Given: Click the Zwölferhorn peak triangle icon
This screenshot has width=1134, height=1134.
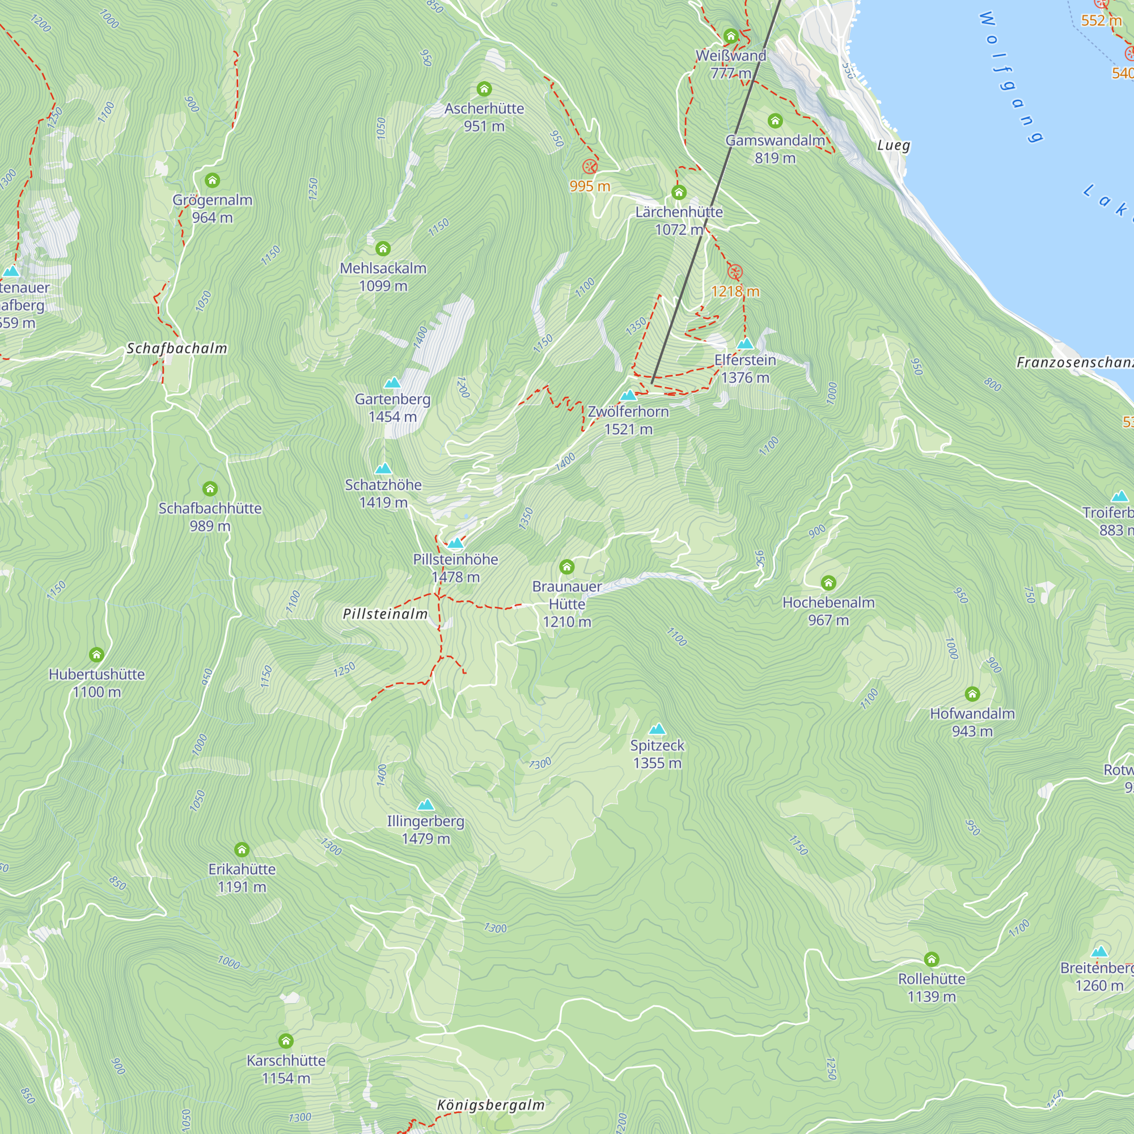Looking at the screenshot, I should click(x=628, y=395).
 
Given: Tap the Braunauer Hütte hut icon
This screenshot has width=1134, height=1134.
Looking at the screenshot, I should click(x=566, y=566).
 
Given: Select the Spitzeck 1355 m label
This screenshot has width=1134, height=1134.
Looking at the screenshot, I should click(x=657, y=754).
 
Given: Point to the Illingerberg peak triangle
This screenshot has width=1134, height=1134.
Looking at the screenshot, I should click(x=426, y=805).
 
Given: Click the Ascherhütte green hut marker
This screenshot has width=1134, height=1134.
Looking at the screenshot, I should click(x=484, y=88).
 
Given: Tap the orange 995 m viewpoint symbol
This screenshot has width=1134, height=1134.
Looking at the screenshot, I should click(x=589, y=167).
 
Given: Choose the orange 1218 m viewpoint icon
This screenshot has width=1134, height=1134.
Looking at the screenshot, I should click(x=735, y=272).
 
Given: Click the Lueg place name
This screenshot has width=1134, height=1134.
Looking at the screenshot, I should click(x=894, y=146).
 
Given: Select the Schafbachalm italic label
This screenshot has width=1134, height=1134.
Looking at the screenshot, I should click(x=177, y=348).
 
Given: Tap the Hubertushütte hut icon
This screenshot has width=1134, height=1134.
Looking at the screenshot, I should click(x=96, y=654).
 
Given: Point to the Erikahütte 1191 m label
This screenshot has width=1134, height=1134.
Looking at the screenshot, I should click(x=242, y=878).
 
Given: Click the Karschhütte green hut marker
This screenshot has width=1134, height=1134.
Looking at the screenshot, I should click(x=285, y=1040).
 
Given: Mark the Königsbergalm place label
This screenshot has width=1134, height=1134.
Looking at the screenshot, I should click(x=490, y=1105).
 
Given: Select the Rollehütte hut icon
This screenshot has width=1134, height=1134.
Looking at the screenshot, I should click(x=932, y=959).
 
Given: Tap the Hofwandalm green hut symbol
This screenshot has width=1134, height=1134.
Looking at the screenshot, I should click(x=972, y=694).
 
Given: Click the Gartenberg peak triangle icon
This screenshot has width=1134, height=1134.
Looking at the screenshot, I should click(x=392, y=383).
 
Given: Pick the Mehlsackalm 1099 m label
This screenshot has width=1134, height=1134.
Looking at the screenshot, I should click(x=383, y=277).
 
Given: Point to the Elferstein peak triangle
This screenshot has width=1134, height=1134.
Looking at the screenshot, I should click(x=745, y=344).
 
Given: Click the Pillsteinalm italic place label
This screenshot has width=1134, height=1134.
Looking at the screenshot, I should click(x=385, y=614).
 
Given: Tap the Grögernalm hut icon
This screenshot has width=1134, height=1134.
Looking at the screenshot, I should click(x=212, y=180).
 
